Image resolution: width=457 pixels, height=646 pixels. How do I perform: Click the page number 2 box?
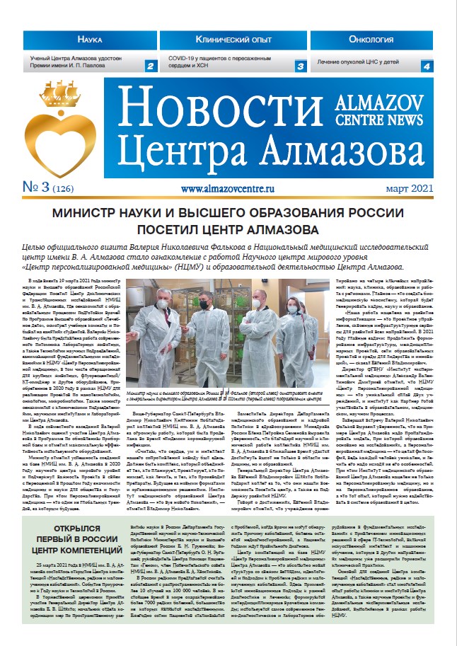click(x=150, y=67)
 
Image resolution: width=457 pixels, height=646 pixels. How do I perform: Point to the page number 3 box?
click(x=299, y=67)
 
